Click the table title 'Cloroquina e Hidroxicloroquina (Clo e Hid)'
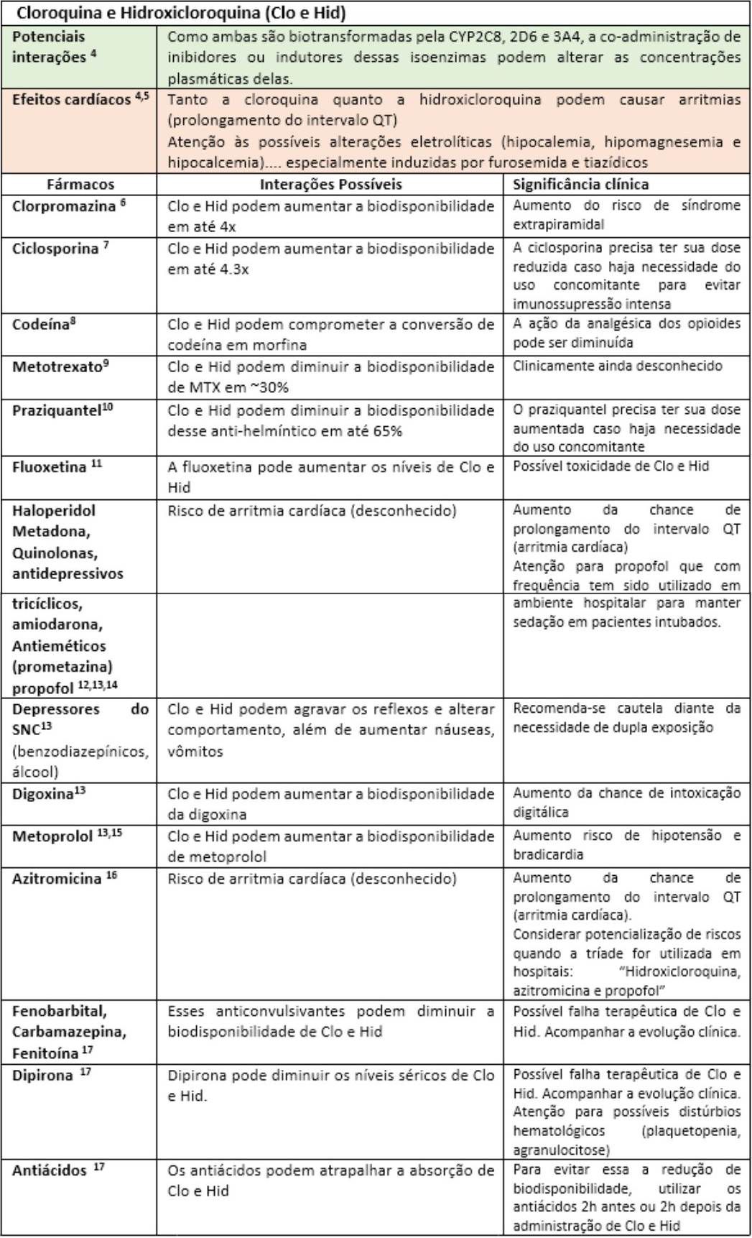pos(181,12)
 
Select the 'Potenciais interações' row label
pos(50,47)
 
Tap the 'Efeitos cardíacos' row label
pos(72,100)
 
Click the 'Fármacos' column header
pos(80,185)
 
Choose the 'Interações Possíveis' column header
pos(330,185)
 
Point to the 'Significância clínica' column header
pos(580,185)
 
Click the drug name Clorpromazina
pos(64,206)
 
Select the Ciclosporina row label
pos(55,249)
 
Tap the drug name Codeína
pos(40,324)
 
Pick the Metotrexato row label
pos(57,366)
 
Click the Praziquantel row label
pos(56,410)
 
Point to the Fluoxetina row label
pos(50,467)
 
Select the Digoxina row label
pos(43,794)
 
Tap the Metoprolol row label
pos(52,836)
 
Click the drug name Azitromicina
pos(57,879)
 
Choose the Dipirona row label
pos(43,1076)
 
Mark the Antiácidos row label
pos(50,1170)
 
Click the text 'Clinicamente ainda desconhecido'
pos(617,366)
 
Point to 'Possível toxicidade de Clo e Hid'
pos(611,466)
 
